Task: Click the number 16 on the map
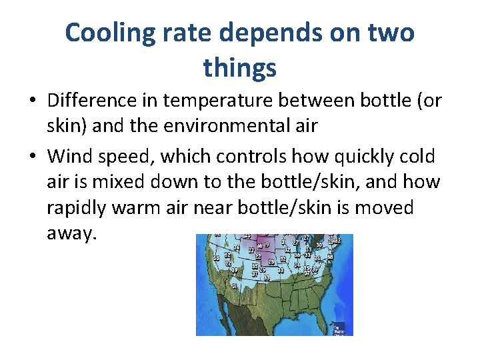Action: (260, 246)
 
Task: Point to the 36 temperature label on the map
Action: (297, 255)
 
